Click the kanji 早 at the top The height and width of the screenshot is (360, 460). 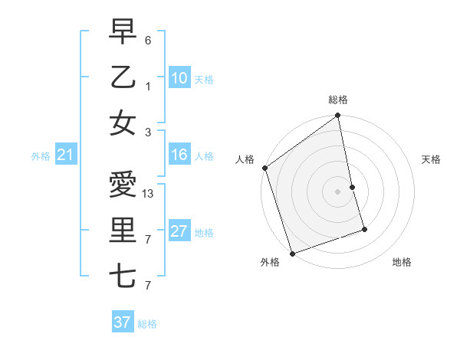(123, 32)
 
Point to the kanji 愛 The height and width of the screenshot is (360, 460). (123, 185)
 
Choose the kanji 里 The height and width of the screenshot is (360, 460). (123, 231)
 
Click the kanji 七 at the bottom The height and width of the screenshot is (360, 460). (123, 277)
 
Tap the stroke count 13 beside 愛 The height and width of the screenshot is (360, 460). (149, 194)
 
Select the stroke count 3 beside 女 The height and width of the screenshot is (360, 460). (148, 132)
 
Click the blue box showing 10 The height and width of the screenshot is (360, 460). (179, 78)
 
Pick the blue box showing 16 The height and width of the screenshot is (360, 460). (179, 155)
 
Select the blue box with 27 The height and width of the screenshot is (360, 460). (179, 232)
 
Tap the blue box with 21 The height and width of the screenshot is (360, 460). (66, 155)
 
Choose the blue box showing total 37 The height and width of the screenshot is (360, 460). (122, 322)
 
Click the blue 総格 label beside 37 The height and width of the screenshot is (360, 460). (147, 324)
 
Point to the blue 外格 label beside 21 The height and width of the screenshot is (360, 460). (41, 156)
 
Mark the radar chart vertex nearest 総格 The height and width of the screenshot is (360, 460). (337, 116)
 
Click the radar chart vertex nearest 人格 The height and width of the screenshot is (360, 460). (264, 168)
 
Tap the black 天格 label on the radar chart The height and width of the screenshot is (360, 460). (431, 159)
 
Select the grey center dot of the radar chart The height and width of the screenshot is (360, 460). (337, 191)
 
